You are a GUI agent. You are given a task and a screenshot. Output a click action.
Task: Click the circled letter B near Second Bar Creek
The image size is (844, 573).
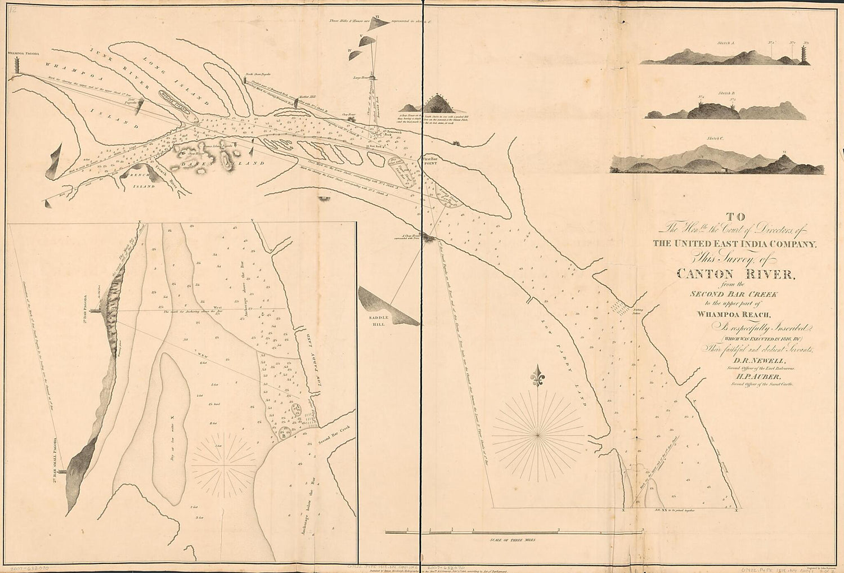tap(284, 433)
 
